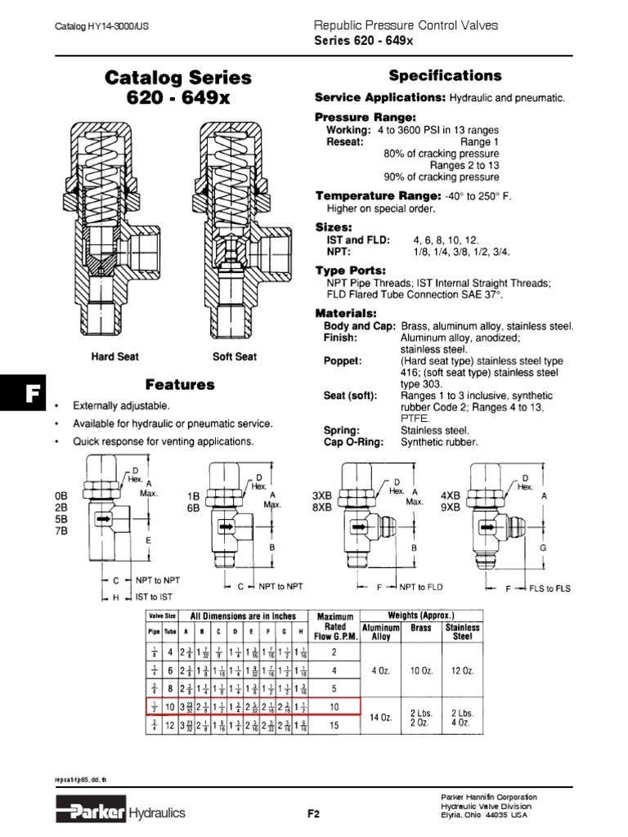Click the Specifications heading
tap(445, 76)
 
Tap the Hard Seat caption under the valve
tap(114, 357)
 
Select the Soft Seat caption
tap(234, 357)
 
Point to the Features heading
tap(180, 384)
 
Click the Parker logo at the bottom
tap(91, 812)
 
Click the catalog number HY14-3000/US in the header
tap(101, 26)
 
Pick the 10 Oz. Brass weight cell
tap(421, 670)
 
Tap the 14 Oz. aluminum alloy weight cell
tap(381, 717)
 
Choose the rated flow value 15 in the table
tap(333, 725)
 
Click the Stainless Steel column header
tap(463, 632)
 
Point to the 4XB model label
tap(451, 495)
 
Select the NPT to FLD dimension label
tap(420, 586)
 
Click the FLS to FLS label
tap(549, 588)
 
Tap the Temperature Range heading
tap(378, 196)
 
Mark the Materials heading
tap(346, 314)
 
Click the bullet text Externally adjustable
tap(121, 406)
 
